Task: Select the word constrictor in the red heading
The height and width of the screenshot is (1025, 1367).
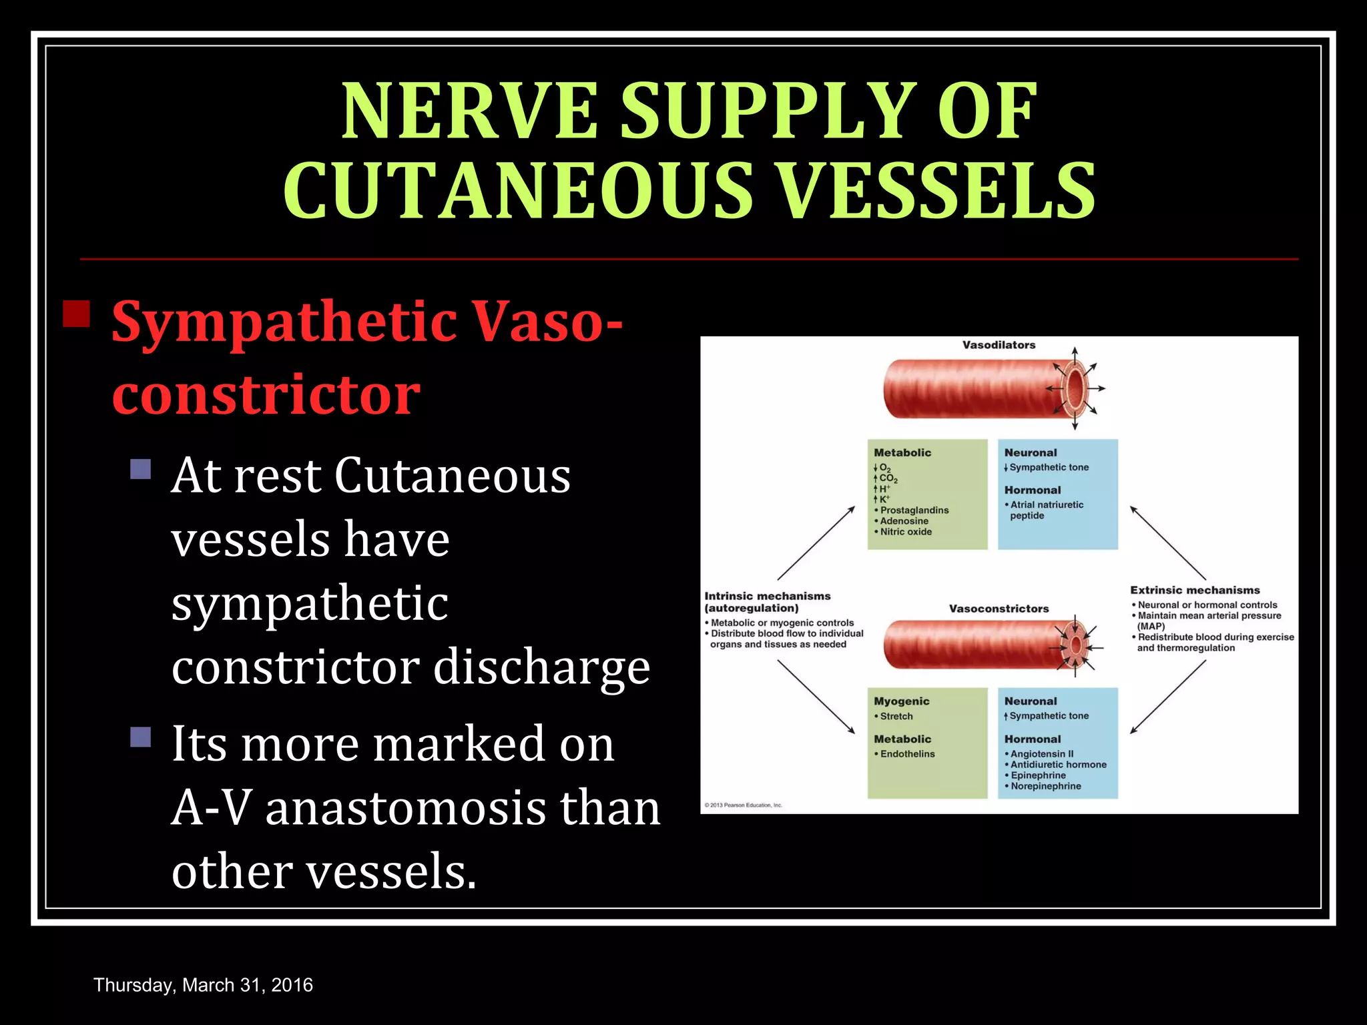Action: point(266,394)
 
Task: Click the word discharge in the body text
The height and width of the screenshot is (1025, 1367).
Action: point(541,667)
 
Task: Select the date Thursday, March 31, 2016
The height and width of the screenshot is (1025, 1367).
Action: point(203,985)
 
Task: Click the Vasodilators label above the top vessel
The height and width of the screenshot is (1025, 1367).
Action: point(999,345)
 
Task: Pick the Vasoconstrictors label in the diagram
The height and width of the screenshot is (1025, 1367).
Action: point(999,609)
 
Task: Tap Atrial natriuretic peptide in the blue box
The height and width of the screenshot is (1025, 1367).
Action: point(1046,510)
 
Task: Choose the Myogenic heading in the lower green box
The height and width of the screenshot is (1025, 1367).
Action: point(901,701)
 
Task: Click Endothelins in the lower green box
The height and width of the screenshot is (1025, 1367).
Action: point(907,754)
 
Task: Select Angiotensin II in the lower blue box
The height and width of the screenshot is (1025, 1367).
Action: point(1041,753)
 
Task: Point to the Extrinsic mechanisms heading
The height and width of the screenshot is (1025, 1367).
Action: point(1195,590)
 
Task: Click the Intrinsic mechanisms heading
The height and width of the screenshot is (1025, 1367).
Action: point(768,596)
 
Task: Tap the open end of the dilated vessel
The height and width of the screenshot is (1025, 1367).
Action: point(1075,388)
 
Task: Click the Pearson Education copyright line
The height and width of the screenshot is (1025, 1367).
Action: point(743,805)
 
